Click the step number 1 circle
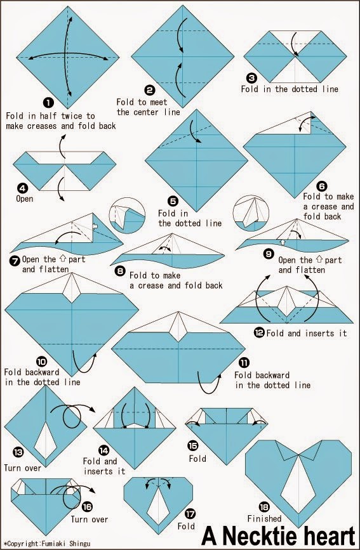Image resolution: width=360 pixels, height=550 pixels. tap(48, 102)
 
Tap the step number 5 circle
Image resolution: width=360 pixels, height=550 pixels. tap(173, 201)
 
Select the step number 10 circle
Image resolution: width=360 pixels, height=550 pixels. tap(42, 361)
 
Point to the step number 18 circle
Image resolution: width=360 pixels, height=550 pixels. tap(264, 507)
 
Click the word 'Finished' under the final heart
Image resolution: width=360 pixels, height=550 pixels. tap(265, 518)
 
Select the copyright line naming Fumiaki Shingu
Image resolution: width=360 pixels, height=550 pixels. tap(47, 544)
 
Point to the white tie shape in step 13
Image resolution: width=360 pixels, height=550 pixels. tap(45, 440)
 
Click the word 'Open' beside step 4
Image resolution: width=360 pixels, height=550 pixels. tap(25, 199)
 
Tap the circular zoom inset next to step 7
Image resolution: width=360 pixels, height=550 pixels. tap(127, 216)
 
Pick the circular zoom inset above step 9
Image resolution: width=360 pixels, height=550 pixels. tap(251, 213)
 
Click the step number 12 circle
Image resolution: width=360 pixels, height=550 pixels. tap(259, 332)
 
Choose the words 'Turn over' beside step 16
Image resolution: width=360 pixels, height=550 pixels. tap(90, 519)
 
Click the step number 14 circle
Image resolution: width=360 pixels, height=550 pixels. tap(104, 450)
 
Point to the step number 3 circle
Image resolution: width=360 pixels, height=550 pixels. tap(252, 78)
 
